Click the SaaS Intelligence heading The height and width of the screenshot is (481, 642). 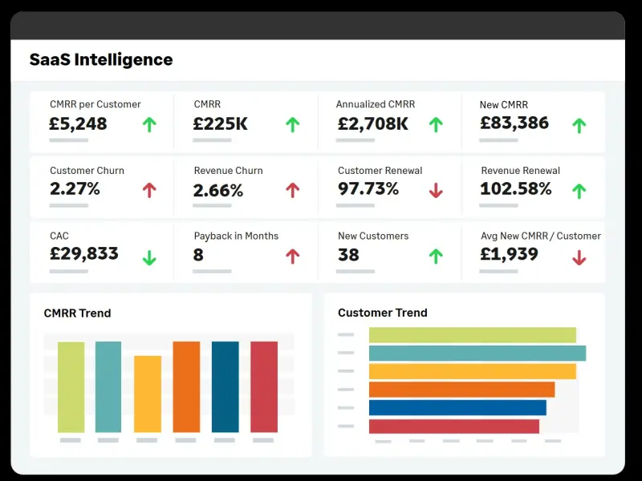(100, 59)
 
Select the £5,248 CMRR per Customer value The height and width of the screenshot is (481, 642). (78, 124)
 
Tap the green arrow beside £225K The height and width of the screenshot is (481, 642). (293, 124)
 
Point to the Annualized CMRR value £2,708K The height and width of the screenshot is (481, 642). (372, 124)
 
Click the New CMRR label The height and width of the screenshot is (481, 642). (503, 105)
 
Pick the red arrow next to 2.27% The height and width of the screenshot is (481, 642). (148, 190)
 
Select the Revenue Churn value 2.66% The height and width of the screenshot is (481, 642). (218, 191)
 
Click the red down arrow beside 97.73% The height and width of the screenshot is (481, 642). (436, 190)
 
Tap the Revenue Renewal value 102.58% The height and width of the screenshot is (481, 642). (516, 189)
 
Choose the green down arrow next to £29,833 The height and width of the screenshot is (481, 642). (148, 257)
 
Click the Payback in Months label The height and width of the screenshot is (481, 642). (236, 236)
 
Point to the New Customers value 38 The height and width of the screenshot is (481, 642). (348, 255)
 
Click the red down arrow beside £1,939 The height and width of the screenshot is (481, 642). (579, 257)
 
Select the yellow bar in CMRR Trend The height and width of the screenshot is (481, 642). (148, 394)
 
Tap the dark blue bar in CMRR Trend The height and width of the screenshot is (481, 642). (226, 386)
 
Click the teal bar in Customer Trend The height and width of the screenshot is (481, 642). (477, 354)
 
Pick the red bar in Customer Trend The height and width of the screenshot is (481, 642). (454, 426)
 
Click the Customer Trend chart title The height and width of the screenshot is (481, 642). (382, 313)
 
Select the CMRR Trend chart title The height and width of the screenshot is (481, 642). (77, 313)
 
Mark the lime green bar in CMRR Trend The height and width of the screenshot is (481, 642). (71, 387)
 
